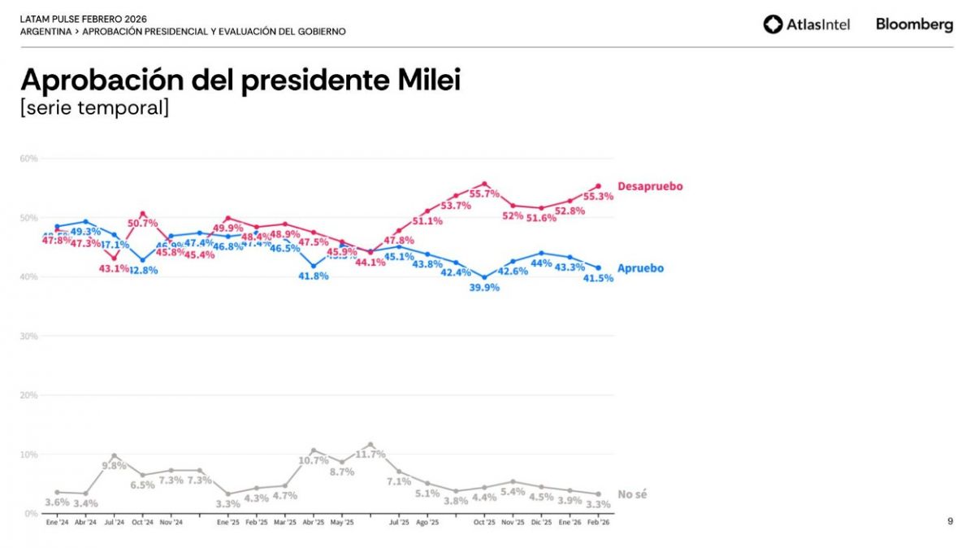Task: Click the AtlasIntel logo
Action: click(807, 24)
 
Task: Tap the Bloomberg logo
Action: click(914, 24)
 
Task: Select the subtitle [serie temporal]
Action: click(94, 108)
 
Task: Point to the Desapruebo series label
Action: click(650, 186)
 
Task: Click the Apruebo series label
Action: click(640, 268)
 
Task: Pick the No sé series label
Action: click(632, 494)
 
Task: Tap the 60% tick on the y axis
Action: click(28, 159)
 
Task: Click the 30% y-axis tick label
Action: click(28, 336)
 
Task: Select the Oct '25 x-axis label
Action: click(484, 523)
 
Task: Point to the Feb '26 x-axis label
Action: click(599, 523)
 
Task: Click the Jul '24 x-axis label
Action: click(115, 523)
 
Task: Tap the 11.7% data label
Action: click(370, 454)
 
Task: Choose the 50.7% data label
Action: click(142, 224)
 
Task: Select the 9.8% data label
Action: click(114, 466)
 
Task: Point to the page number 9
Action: click(950, 521)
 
